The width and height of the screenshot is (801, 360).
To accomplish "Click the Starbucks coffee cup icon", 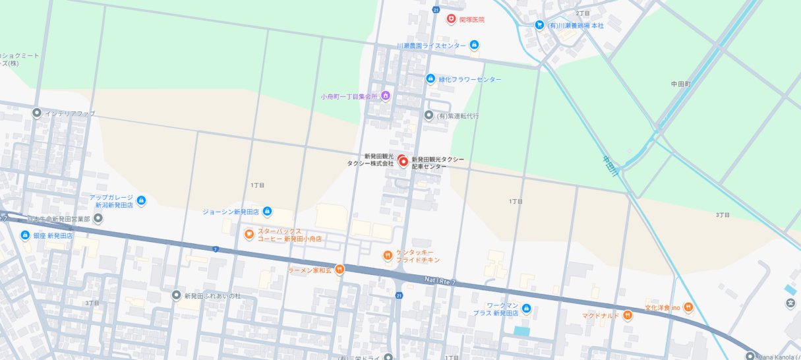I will click(249, 234).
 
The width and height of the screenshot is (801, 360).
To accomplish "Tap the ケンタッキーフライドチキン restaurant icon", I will click(388, 255).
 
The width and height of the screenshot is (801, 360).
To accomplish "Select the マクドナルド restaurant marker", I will click(628, 315).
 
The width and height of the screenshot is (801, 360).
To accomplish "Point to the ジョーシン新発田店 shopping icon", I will click(267, 212).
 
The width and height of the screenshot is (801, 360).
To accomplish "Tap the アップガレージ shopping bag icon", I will click(141, 200).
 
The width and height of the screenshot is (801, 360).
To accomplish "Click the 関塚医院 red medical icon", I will click(452, 19).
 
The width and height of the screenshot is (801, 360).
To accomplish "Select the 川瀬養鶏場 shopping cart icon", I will click(539, 25).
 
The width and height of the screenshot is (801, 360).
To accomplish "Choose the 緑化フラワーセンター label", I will click(470, 79).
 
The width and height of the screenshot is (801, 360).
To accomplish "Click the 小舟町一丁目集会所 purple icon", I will click(386, 96).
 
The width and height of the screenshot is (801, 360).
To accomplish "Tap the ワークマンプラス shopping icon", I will click(526, 309).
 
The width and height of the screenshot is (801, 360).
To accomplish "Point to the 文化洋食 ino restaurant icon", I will click(688, 307).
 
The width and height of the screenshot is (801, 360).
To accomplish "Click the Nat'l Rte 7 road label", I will click(439, 282).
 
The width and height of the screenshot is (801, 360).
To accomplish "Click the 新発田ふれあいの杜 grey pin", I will click(176, 295).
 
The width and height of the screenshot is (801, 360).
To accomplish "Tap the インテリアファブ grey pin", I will click(37, 113).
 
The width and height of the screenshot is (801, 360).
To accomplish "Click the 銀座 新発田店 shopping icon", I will click(25, 235).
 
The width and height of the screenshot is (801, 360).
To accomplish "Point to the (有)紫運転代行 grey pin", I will click(429, 115).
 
